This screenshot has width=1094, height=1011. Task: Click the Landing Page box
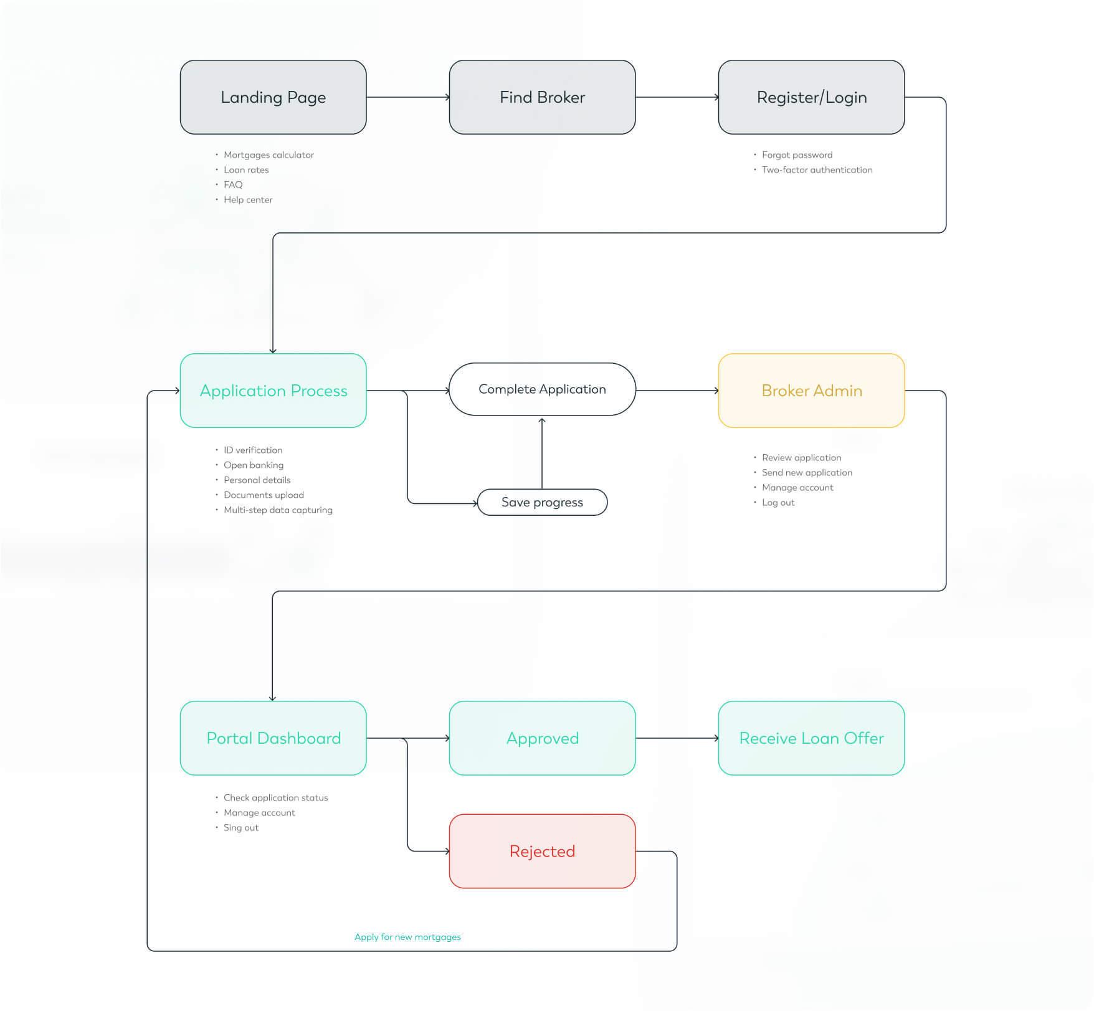273,97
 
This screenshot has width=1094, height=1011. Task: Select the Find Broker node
542,97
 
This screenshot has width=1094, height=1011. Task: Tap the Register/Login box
811,97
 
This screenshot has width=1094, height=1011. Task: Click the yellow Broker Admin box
811,391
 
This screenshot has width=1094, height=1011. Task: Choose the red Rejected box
542,851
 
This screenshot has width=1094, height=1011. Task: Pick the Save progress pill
542,502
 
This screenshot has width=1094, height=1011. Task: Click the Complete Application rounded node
542,389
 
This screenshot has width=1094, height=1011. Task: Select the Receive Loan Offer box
811,738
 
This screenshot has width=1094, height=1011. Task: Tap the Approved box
542,738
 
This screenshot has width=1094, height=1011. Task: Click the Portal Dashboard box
273,738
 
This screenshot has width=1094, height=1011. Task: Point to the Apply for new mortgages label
407,937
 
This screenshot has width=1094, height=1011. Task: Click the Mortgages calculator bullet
269,155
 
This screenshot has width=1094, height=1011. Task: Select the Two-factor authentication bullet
817,170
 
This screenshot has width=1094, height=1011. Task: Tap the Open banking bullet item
254,465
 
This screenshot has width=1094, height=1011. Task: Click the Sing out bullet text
241,828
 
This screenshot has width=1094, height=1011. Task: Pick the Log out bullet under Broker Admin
778,503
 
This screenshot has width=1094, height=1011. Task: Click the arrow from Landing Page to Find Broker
407,97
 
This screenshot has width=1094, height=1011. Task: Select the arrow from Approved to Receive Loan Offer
677,738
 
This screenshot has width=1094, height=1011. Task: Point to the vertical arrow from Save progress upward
542,453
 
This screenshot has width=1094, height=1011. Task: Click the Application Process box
273,391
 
